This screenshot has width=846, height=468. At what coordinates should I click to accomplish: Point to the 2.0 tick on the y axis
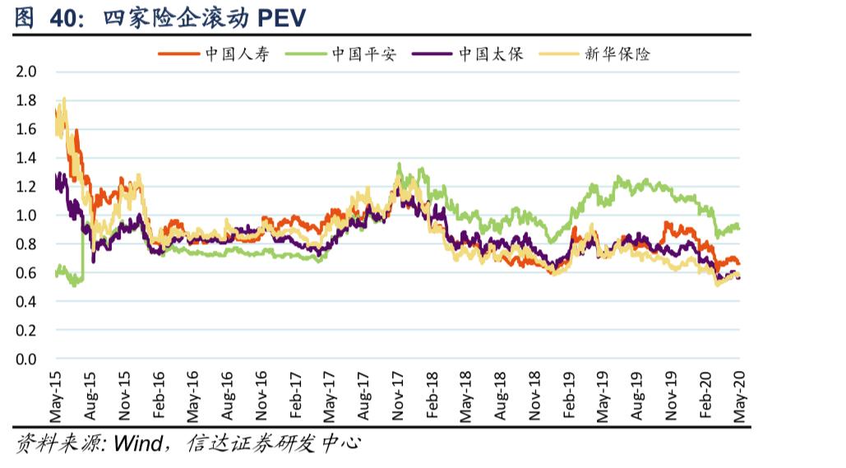pyautogui.click(x=26, y=72)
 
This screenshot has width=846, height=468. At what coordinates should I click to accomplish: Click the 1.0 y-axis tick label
pyautogui.click(x=26, y=215)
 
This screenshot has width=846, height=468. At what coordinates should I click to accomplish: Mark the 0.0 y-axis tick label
pyautogui.click(x=26, y=359)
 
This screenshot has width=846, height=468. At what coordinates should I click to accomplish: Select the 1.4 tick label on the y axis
pyautogui.click(x=26, y=158)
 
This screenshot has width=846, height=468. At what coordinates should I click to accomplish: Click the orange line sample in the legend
pyautogui.click(x=178, y=55)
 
